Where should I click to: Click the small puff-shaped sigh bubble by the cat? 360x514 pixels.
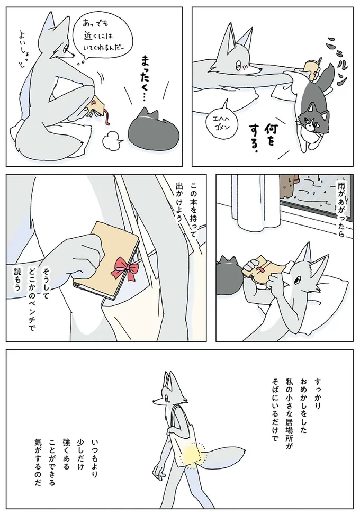pos(110,141)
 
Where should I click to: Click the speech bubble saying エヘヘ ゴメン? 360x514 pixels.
pos(223,123)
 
